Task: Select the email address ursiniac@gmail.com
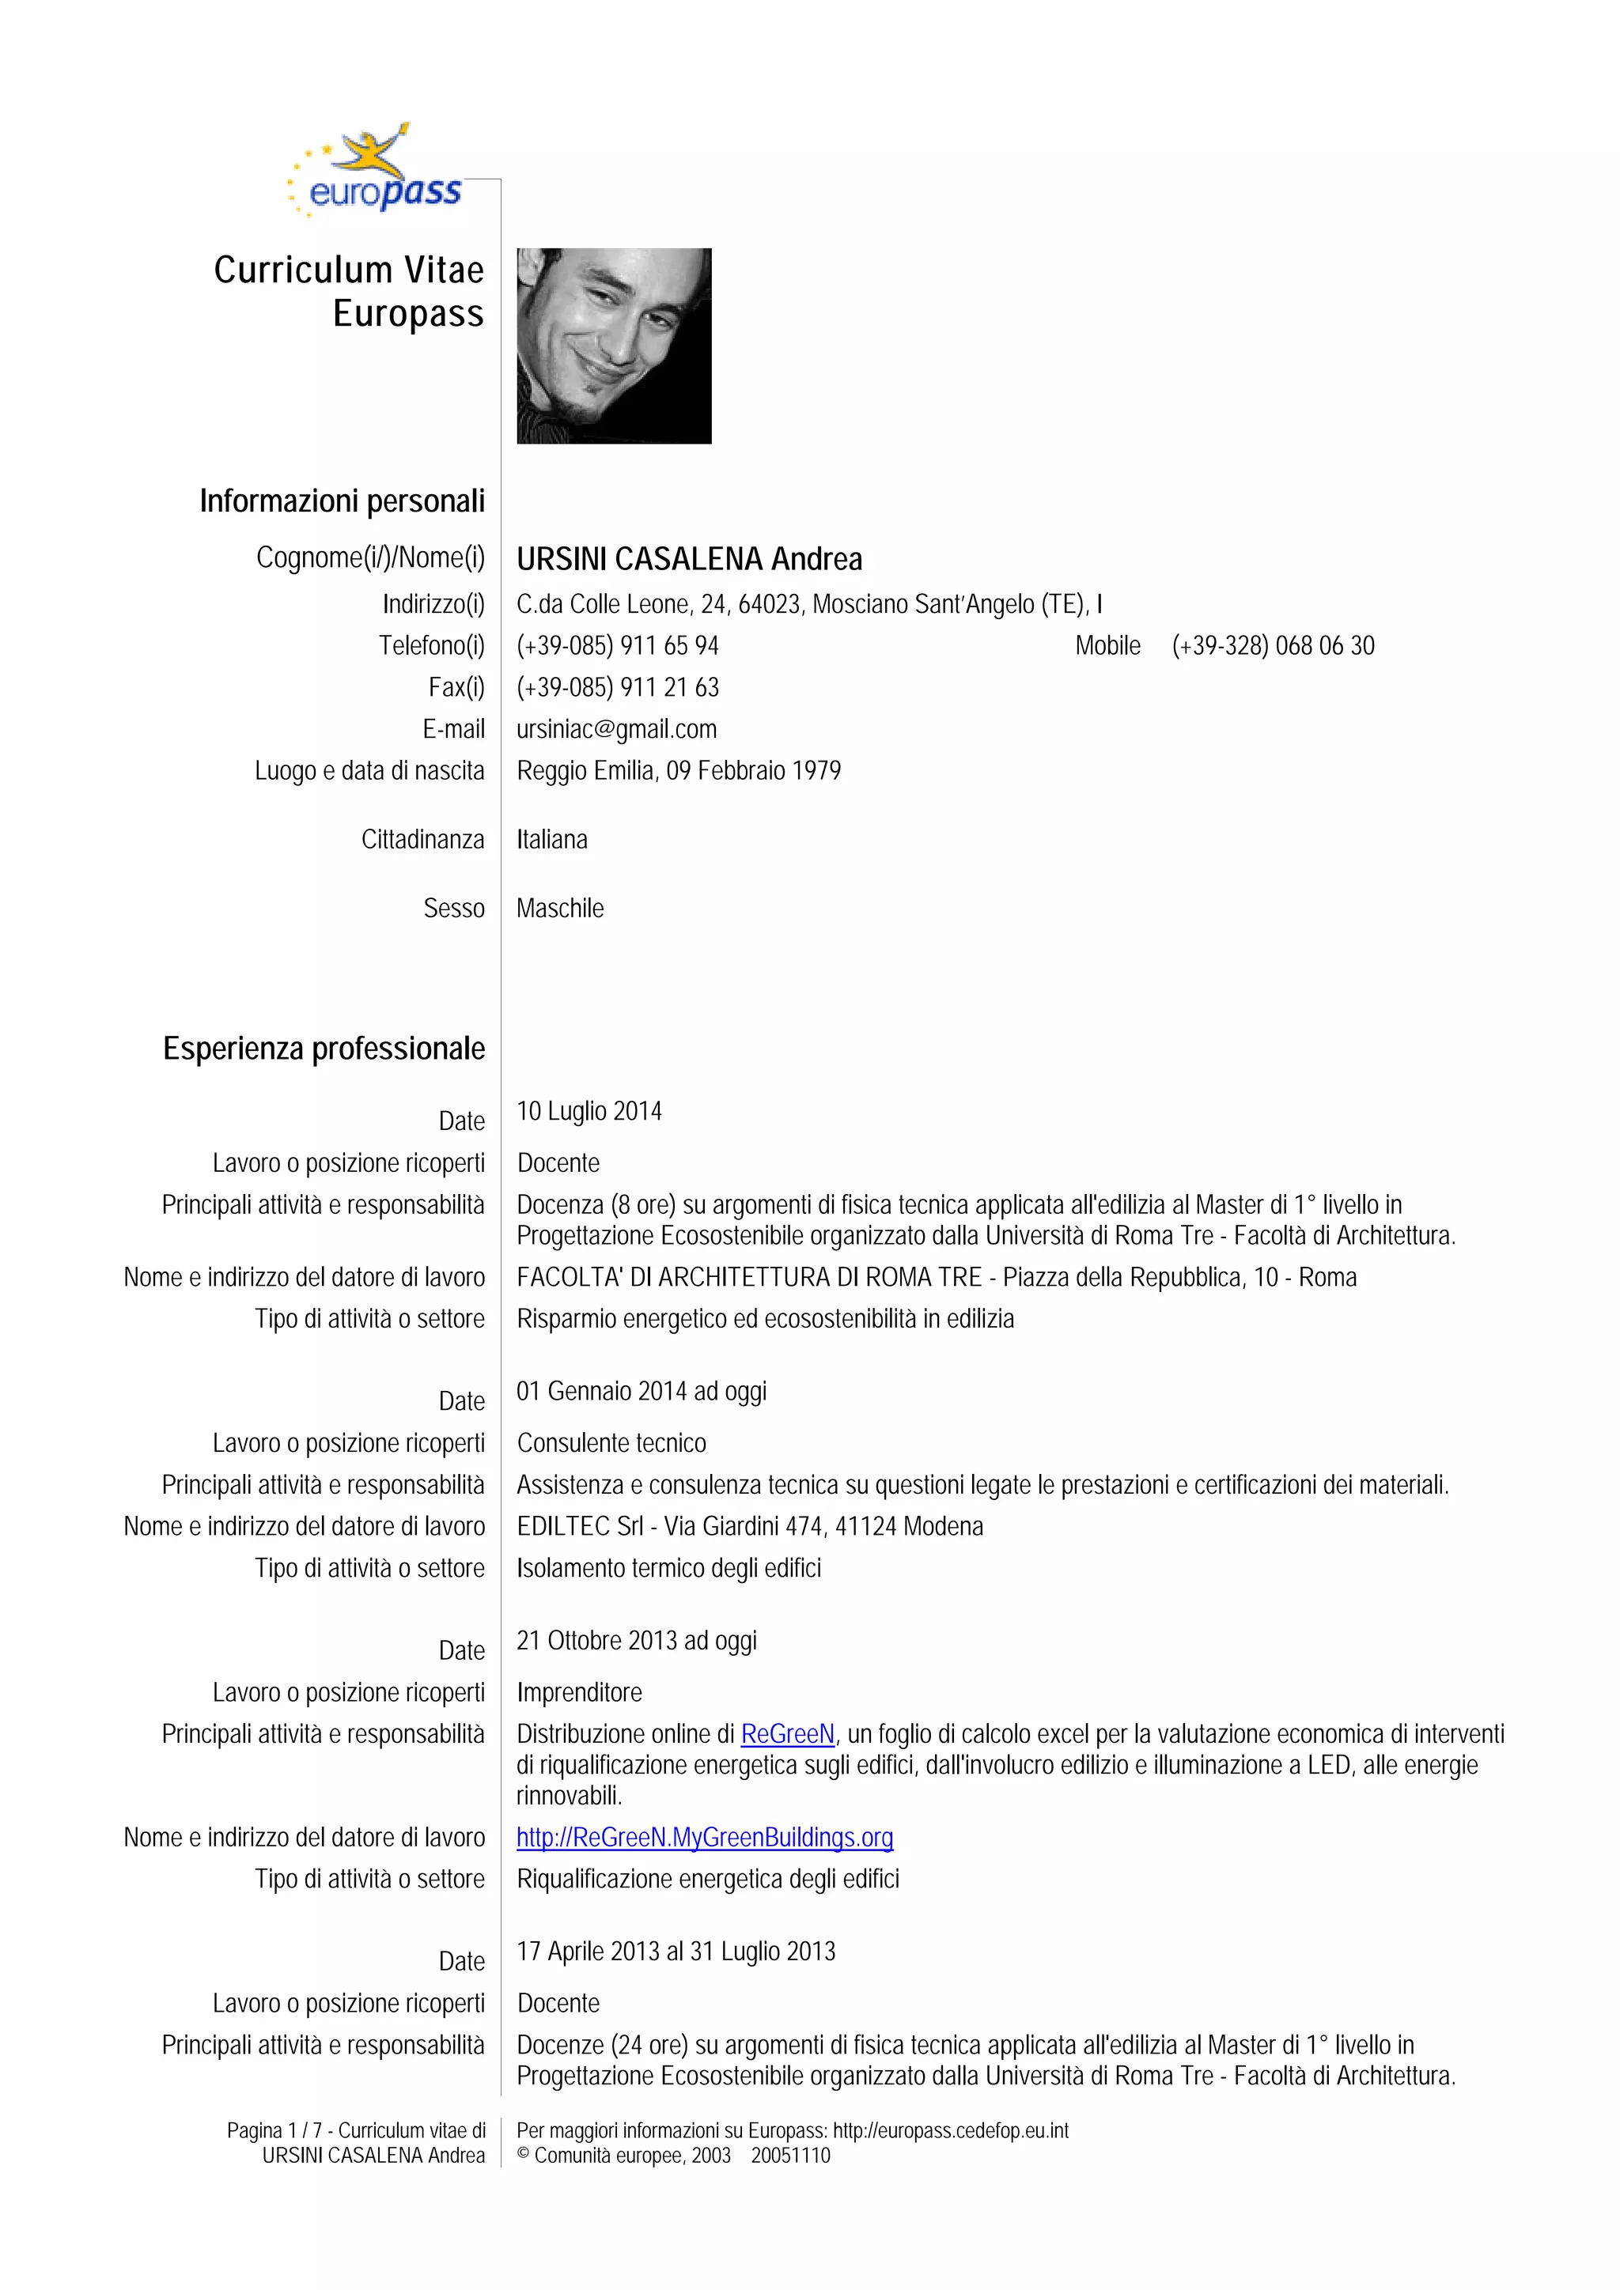pyautogui.click(x=615, y=729)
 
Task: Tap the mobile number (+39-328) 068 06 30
pyautogui.click(x=1273, y=646)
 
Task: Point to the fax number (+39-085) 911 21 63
pyautogui.click(x=618, y=687)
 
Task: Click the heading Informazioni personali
pyautogui.click(x=343, y=501)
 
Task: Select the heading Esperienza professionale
pyautogui.click(x=324, y=1049)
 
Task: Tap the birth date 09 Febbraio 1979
pyautogui.click(x=753, y=771)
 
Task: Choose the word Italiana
pyautogui.click(x=551, y=840)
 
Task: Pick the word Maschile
pyautogui.click(x=559, y=909)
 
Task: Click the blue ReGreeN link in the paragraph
pyautogui.click(x=787, y=1734)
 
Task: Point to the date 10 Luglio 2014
pyautogui.click(x=589, y=1111)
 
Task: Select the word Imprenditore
pyautogui.click(x=578, y=1692)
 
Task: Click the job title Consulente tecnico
pyautogui.click(x=611, y=1443)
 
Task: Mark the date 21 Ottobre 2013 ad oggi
pyautogui.click(x=637, y=1641)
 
